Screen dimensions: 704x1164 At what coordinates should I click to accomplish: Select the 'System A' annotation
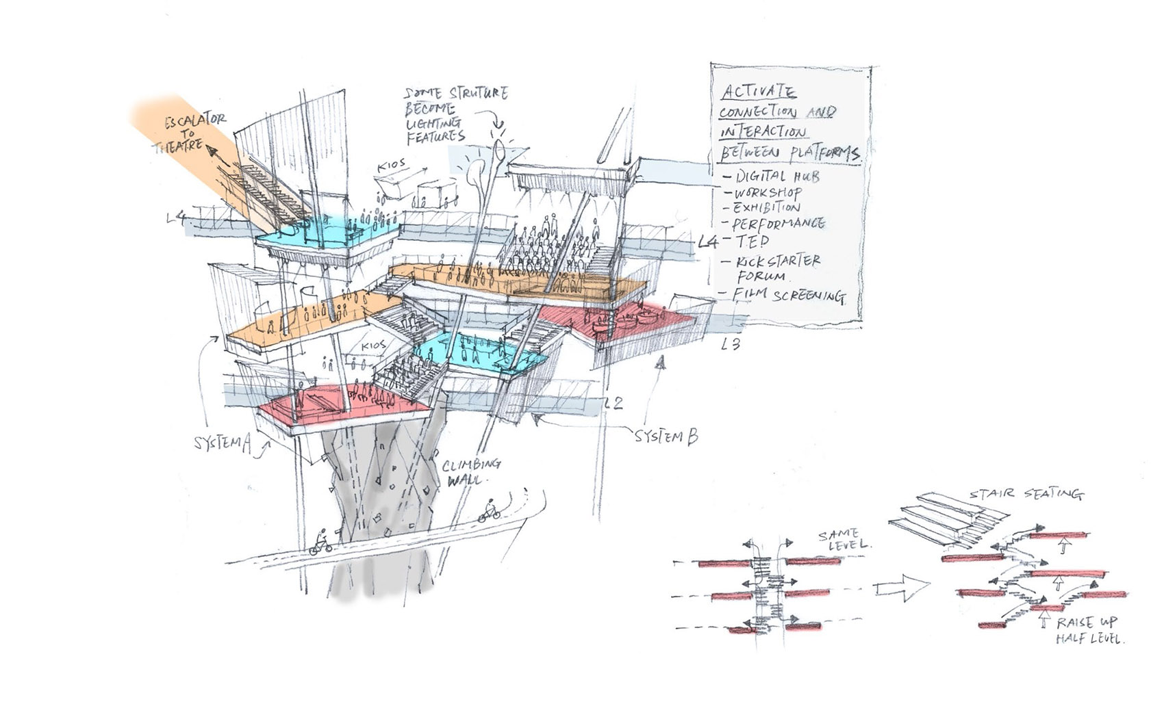(220, 443)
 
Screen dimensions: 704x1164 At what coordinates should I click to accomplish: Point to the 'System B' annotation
(665, 436)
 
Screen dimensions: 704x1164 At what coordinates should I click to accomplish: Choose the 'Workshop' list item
(767, 192)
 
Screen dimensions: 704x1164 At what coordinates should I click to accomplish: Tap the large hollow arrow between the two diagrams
(901, 586)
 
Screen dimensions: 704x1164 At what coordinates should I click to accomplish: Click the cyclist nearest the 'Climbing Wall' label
(489, 512)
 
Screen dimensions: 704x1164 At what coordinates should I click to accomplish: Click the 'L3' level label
(730, 344)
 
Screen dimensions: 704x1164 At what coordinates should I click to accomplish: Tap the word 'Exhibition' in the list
(766, 208)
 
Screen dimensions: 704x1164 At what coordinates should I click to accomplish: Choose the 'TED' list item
(752, 242)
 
